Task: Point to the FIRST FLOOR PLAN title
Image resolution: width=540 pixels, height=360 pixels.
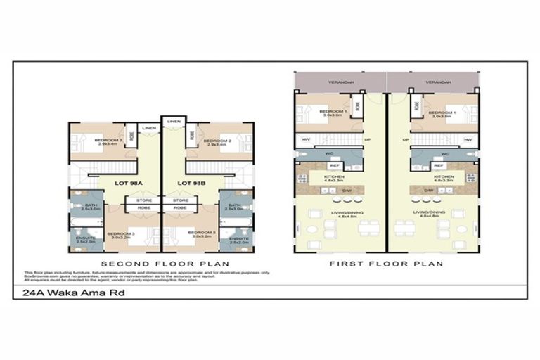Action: [387, 264]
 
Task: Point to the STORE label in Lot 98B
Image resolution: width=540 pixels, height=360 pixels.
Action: [179, 201]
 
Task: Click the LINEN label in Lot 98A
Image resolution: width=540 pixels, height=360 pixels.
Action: [150, 129]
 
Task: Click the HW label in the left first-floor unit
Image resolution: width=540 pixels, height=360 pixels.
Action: [307, 139]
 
